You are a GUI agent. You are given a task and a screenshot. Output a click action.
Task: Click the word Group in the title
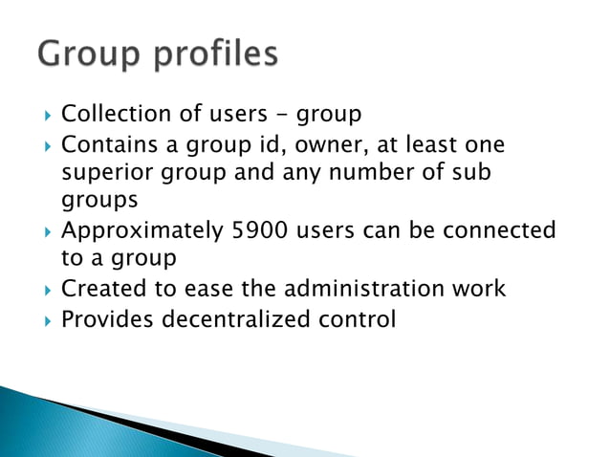pos(92,54)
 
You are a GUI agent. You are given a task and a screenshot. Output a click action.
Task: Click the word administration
pos(354,289)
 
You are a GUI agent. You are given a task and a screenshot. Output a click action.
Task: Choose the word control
pos(357,318)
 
